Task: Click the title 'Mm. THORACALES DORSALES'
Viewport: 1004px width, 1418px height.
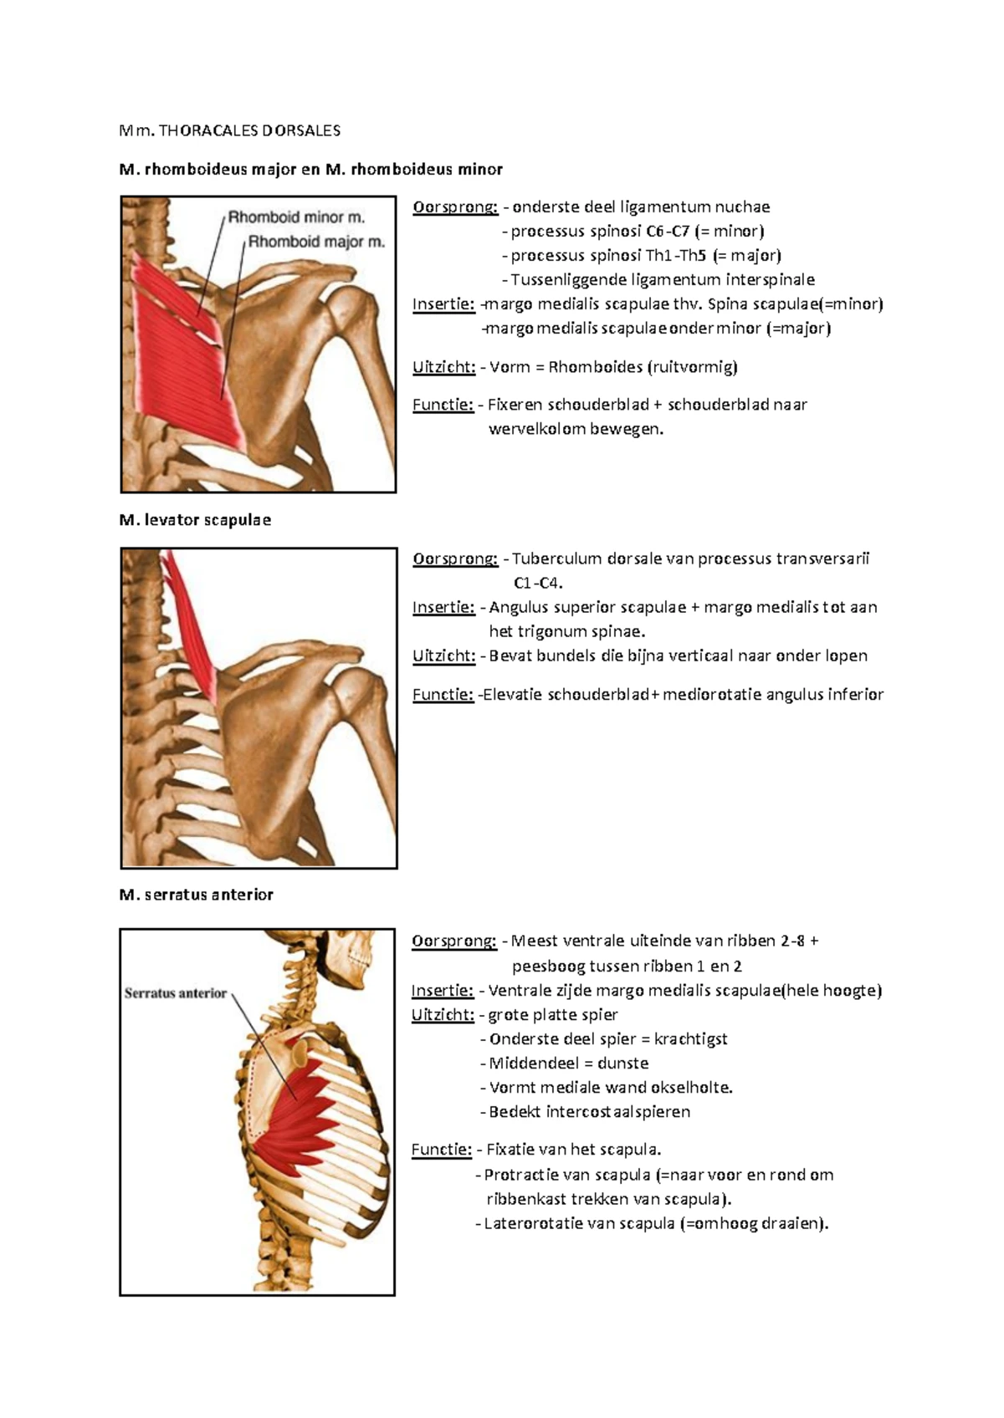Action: tap(230, 130)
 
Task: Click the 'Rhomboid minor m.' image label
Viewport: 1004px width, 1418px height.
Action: tap(296, 217)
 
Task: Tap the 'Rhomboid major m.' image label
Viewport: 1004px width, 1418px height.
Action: tap(316, 242)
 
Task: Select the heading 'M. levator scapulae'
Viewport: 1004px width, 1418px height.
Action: tap(195, 520)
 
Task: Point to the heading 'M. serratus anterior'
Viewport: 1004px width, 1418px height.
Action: tap(197, 895)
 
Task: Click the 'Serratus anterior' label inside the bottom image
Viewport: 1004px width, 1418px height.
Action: tap(176, 993)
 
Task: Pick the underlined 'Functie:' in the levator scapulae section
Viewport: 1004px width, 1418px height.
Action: tap(443, 695)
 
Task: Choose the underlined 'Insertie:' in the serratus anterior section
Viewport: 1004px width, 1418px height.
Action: tap(443, 991)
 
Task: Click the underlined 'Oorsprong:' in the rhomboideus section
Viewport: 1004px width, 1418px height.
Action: tap(455, 207)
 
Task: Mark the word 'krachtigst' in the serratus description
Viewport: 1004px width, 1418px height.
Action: tap(690, 1039)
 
